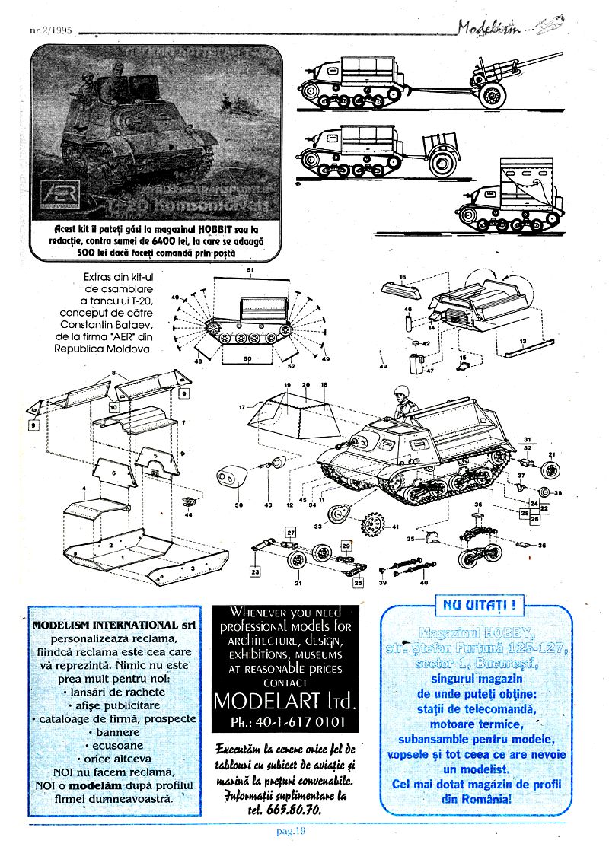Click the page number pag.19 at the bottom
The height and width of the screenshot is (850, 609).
point(290,831)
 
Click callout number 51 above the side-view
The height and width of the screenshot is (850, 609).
point(250,272)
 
